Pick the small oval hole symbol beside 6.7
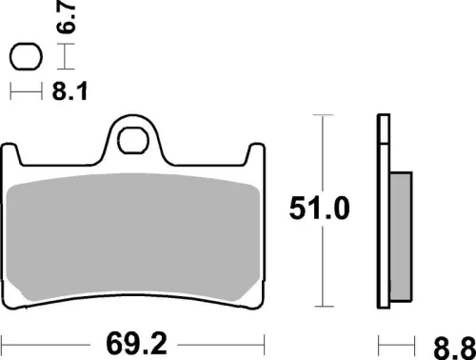click(26, 58)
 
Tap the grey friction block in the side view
click(401, 238)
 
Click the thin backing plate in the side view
click(384, 210)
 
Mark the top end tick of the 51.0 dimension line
click(326, 115)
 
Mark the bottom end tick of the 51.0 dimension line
click(326, 307)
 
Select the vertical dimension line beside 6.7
click(64, 58)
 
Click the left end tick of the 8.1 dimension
click(10, 92)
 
